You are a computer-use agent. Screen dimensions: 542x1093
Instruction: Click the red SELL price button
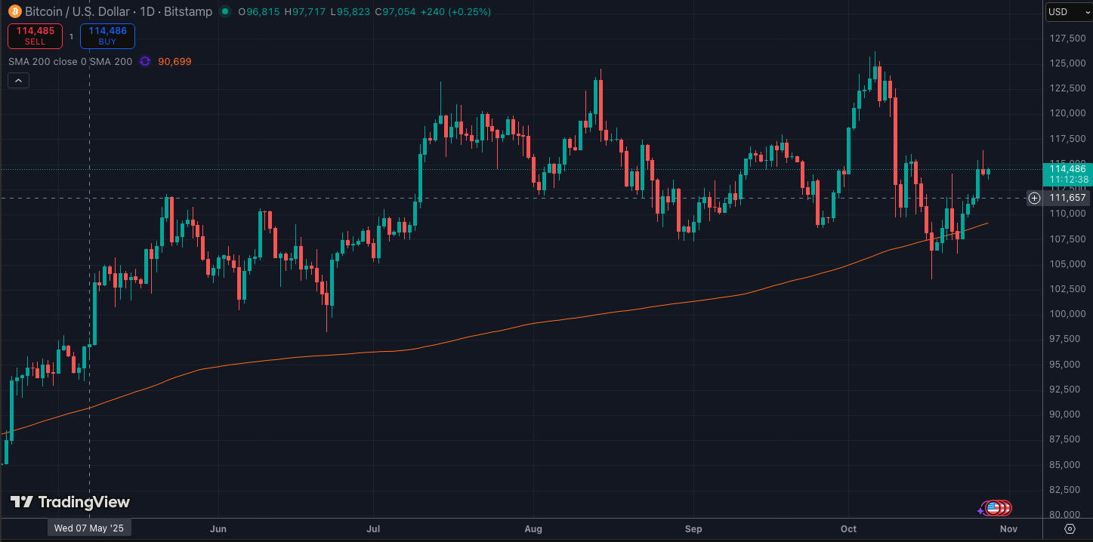[35, 35]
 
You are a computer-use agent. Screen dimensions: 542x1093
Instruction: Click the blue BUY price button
[107, 35]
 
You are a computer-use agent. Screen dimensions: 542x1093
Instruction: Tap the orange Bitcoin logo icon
[14, 11]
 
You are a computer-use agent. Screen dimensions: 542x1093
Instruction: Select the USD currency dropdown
[1066, 11]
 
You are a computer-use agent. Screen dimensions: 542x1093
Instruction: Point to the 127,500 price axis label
[1067, 38]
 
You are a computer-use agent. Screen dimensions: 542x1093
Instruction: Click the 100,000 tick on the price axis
[1067, 314]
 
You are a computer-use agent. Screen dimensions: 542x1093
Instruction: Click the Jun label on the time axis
[218, 528]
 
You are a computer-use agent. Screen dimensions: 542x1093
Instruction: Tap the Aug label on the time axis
[534, 528]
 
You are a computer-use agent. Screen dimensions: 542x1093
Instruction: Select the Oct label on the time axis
[849, 528]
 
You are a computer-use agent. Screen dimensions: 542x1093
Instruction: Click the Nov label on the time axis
[1009, 528]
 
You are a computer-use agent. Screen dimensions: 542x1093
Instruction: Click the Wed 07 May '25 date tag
[89, 528]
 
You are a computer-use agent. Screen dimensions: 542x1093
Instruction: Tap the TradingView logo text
[70, 502]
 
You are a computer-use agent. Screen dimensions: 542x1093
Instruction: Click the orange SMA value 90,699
[174, 61]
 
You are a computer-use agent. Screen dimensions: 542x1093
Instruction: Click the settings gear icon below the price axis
[1070, 528]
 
